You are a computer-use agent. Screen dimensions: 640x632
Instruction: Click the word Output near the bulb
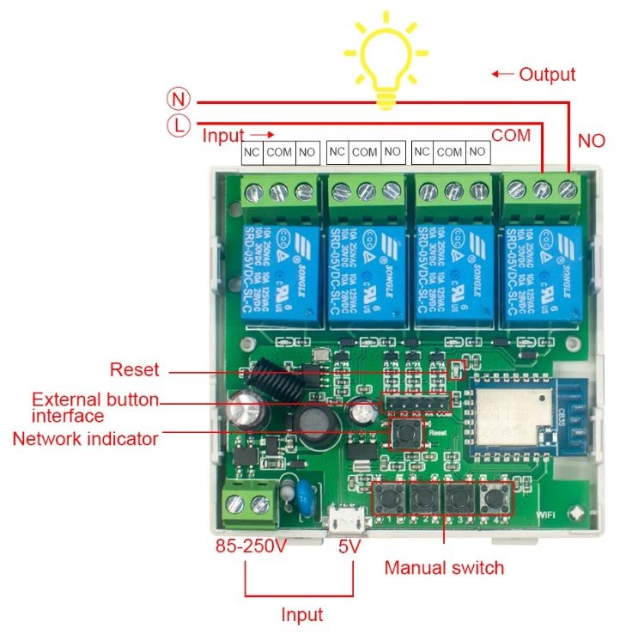tap(546, 74)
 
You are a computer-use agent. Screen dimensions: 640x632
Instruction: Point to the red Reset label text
tap(135, 370)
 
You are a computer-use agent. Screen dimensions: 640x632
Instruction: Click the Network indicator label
tap(85, 438)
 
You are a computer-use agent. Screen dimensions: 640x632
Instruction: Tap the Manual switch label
tap(444, 568)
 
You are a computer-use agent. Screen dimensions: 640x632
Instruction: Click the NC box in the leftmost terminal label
tap(252, 153)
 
